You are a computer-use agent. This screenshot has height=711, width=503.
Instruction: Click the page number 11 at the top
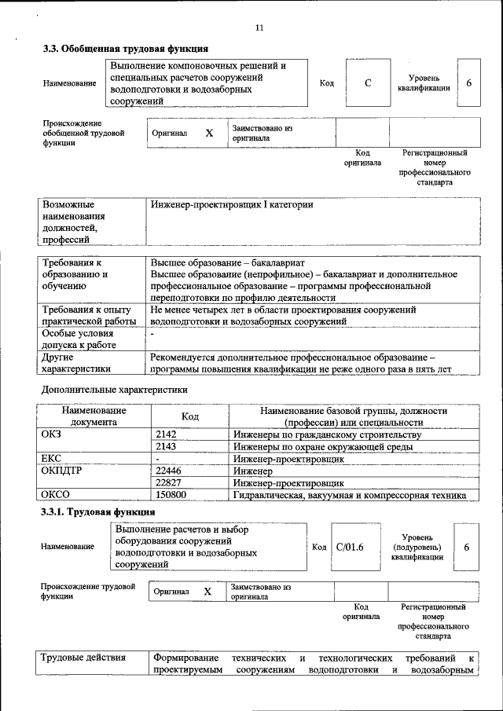(x=259, y=28)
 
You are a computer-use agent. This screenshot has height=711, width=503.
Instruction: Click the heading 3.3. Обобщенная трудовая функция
(x=125, y=49)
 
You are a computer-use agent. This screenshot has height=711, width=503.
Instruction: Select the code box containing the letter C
(x=368, y=83)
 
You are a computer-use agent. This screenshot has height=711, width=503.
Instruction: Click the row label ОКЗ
(x=51, y=434)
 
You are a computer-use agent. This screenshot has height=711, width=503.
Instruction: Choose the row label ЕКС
(x=51, y=458)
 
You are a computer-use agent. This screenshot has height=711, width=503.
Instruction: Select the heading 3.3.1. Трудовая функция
(x=92, y=513)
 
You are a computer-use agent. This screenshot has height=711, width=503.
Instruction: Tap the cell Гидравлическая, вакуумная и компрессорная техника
(x=350, y=495)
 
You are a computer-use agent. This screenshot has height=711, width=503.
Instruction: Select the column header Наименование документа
(x=94, y=416)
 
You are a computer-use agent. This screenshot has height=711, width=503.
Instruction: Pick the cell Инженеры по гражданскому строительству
(x=327, y=434)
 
